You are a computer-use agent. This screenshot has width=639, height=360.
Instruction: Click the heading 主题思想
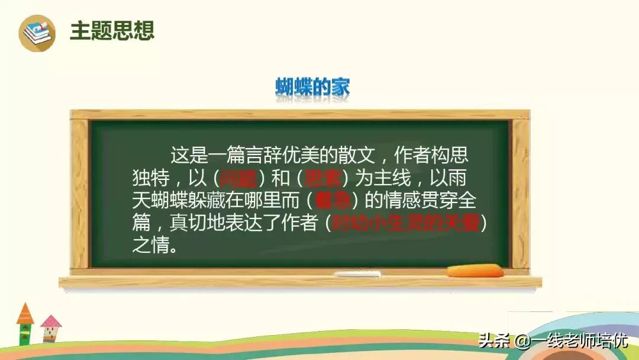(112, 31)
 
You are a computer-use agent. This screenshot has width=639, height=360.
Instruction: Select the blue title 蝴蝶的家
(312, 87)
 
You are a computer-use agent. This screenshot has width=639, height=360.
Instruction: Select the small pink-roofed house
(51, 329)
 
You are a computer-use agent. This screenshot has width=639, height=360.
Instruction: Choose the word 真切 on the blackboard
(187, 222)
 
